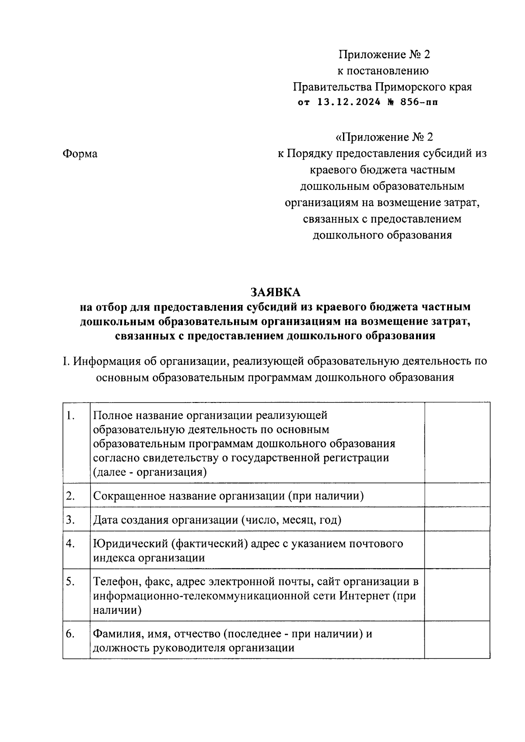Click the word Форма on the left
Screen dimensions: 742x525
tap(80, 154)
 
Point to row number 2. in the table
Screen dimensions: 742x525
tap(70, 496)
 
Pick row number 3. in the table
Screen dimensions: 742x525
tap(70, 520)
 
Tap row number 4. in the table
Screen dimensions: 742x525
tap(70, 544)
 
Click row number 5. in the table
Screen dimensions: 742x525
tap(70, 582)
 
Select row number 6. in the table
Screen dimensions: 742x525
tap(70, 634)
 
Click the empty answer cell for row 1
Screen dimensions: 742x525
tap(457, 443)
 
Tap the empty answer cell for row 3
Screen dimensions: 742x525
tap(457, 519)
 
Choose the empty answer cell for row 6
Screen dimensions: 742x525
tap(457, 640)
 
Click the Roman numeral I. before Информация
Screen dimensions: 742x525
tap(66, 362)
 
